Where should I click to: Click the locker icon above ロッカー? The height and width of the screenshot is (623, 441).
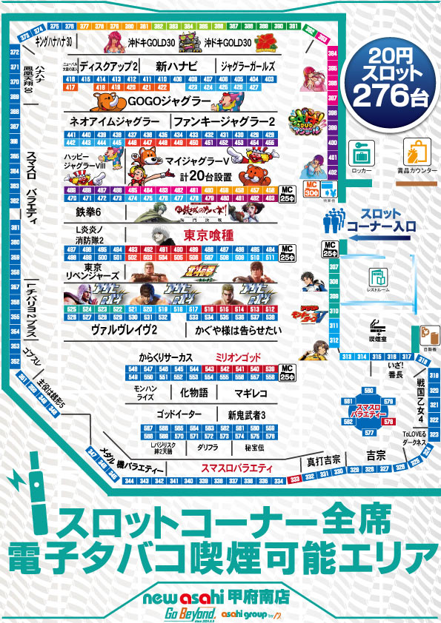pos(362,153)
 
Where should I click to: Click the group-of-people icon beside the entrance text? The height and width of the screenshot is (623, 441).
pos(334,219)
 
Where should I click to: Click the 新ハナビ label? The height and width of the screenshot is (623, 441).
pos(175,67)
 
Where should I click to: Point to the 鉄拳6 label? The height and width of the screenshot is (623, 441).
pos(88,212)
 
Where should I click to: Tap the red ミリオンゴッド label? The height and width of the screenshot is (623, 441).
pos(236,357)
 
